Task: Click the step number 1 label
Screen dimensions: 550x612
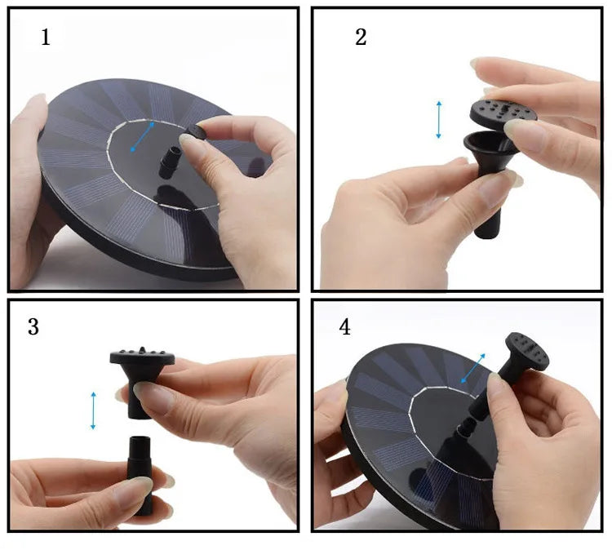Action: pos(46,37)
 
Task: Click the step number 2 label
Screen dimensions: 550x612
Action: pos(361,37)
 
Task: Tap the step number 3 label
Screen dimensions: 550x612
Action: pos(33,326)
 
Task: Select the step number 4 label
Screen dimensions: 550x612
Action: pos(345,327)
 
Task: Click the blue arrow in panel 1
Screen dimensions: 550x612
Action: pos(143,137)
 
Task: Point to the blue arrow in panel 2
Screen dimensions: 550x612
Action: pos(439,119)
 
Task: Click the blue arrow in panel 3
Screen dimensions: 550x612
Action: pos(94,410)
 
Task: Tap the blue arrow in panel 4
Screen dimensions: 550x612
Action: pos(473,368)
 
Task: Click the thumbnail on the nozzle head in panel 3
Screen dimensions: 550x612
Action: pos(152,399)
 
